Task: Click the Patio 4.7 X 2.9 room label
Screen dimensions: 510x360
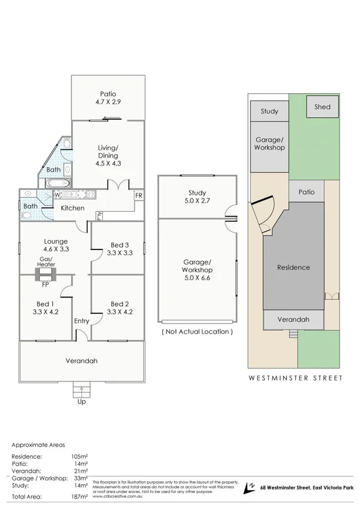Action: pyautogui.click(x=109, y=98)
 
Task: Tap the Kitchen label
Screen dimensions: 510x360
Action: pyautogui.click(x=72, y=208)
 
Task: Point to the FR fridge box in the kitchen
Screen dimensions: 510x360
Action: pyautogui.click(x=138, y=195)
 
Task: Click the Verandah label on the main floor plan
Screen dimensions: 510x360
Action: pyautogui.click(x=81, y=361)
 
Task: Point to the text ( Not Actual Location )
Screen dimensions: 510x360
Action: pyautogui.click(x=197, y=331)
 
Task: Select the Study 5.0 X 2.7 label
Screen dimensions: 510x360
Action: pyautogui.click(x=197, y=197)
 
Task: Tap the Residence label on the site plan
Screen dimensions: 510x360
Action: pyautogui.click(x=293, y=267)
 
